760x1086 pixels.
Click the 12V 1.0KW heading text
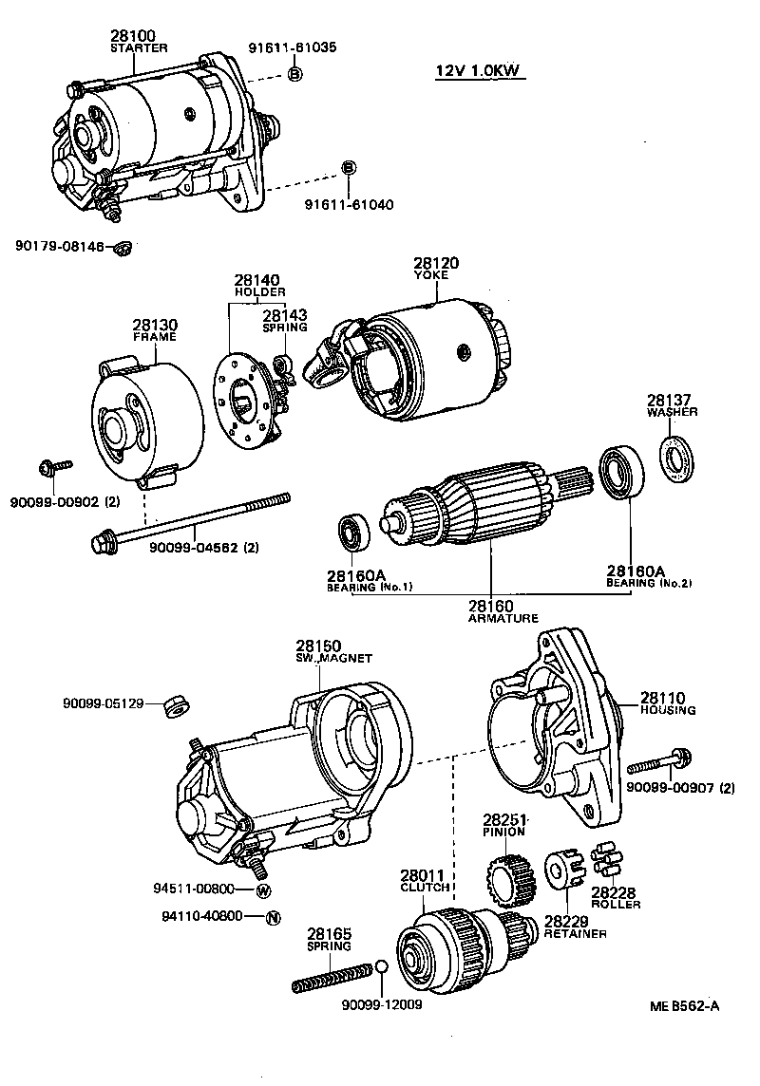[x=480, y=71]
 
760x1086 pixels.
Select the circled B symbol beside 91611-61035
[x=294, y=74]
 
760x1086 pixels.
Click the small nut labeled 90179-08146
[x=121, y=249]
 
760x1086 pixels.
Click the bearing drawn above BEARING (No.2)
[x=619, y=472]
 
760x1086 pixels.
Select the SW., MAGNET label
[x=332, y=658]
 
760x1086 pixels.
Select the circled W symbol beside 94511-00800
[x=264, y=889]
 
